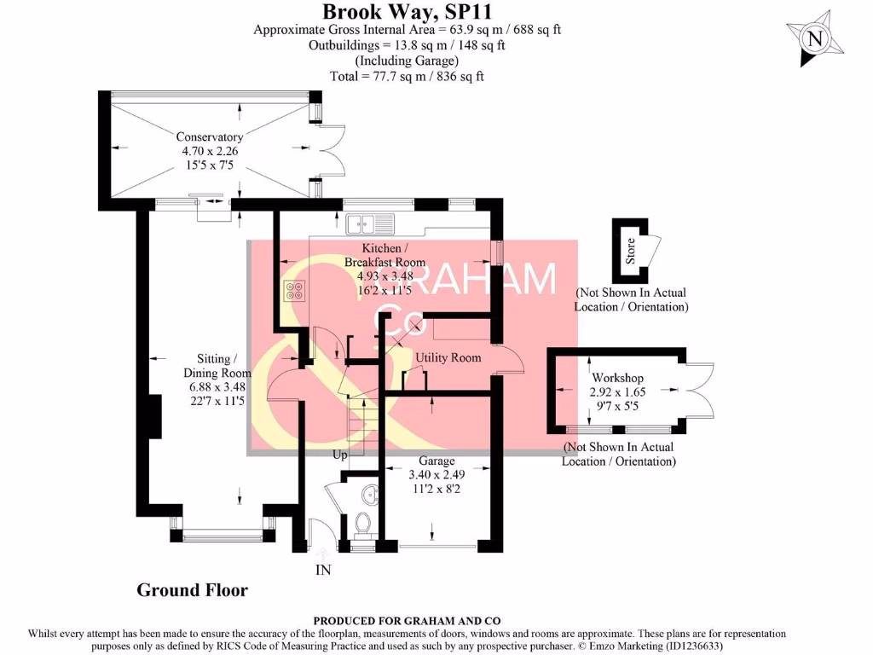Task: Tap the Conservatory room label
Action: point(209,136)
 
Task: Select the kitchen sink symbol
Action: point(370,223)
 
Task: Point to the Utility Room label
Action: point(448,357)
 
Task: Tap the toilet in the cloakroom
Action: point(362,522)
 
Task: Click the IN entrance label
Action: point(323,570)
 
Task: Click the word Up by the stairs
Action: point(339,455)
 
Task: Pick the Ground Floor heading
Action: point(193,590)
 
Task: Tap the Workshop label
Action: point(617,378)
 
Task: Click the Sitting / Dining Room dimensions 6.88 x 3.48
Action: point(217,386)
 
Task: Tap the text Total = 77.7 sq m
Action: point(407,76)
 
